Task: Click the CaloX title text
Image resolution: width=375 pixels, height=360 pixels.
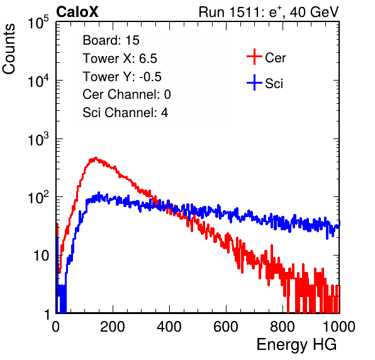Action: tap(77, 12)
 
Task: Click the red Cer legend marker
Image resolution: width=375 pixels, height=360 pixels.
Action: tap(254, 57)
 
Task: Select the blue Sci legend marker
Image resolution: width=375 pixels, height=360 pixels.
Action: tap(254, 82)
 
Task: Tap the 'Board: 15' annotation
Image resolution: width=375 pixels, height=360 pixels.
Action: tap(111, 40)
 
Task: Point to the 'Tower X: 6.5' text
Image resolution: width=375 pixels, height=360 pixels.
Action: tap(120, 59)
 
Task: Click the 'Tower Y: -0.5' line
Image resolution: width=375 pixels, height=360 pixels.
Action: tap(122, 77)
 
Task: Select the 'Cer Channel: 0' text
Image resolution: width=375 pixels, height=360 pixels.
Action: tap(126, 94)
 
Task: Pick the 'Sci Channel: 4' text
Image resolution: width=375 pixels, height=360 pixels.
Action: tap(125, 113)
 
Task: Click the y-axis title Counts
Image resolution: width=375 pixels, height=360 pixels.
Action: tap(9, 49)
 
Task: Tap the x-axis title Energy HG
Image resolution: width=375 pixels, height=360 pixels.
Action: tap(297, 345)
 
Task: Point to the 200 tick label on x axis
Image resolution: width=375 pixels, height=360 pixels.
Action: tap(113, 327)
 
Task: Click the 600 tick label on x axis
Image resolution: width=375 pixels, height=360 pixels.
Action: tap(226, 327)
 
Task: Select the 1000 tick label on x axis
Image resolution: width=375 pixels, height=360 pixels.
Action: tap(339, 327)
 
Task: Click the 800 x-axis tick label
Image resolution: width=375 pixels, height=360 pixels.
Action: tap(283, 327)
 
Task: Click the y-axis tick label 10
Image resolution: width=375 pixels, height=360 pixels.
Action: tap(41, 256)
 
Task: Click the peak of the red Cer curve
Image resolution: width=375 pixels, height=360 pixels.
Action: tap(96, 157)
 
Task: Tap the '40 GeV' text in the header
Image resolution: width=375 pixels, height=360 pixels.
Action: tap(314, 12)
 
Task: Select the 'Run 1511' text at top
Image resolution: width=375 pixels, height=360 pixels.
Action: tap(231, 12)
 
